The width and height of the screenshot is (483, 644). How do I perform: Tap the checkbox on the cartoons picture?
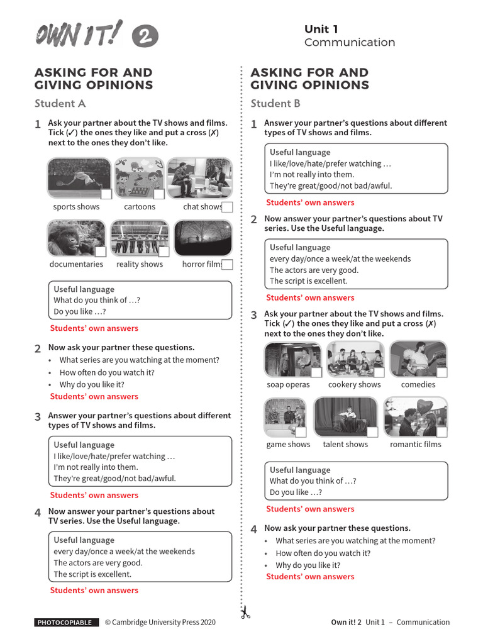coord(159,194)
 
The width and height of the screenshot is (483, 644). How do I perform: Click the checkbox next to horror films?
coord(228,265)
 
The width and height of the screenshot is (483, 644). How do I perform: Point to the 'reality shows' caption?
coord(140,265)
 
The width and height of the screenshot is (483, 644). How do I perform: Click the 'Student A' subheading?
coord(60,104)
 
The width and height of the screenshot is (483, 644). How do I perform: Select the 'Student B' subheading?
coord(275,104)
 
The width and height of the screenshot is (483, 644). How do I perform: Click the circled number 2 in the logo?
coord(145,37)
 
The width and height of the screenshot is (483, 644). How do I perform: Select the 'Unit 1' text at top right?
coord(321,29)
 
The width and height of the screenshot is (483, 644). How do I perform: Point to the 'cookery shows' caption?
coord(354,385)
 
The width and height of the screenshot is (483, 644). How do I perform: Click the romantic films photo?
coord(416,417)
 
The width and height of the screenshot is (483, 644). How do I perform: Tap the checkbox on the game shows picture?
coord(301,432)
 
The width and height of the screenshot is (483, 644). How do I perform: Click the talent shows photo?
coord(345,417)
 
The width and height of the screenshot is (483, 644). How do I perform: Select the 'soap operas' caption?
coord(288,385)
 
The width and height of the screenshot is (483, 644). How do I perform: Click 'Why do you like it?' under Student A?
coord(92,384)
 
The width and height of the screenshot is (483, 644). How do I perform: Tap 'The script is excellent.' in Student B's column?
coord(308,281)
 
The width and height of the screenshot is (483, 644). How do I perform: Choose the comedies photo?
coord(418,358)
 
